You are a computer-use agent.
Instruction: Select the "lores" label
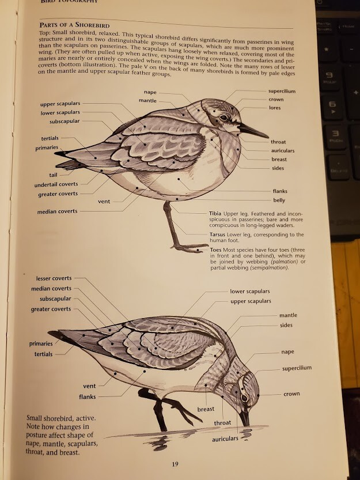click(x=275, y=108)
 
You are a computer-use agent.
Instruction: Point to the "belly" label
click(x=279, y=200)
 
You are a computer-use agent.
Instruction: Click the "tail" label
click(x=53, y=175)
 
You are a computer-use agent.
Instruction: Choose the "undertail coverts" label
click(x=56, y=184)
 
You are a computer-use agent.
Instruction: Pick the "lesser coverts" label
click(x=54, y=278)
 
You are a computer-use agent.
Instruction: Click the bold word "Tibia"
click(x=215, y=213)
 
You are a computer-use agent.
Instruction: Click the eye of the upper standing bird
click(x=223, y=118)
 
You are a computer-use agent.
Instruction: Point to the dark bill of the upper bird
click(x=253, y=130)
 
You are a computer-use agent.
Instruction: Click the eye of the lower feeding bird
click(x=244, y=397)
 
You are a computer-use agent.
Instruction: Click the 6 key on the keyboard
click(x=332, y=105)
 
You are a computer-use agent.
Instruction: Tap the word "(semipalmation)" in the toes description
click(x=269, y=268)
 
